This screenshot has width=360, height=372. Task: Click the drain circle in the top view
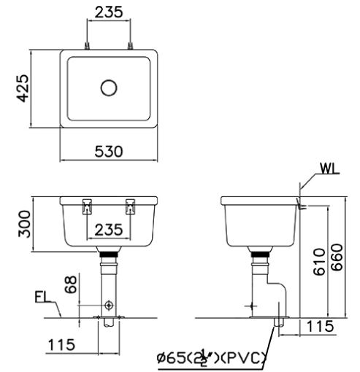pos(109,88)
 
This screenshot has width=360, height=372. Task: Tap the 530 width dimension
pos(109,151)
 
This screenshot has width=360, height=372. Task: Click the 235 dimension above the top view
pos(109,12)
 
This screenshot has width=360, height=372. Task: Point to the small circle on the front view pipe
pos(109,303)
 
